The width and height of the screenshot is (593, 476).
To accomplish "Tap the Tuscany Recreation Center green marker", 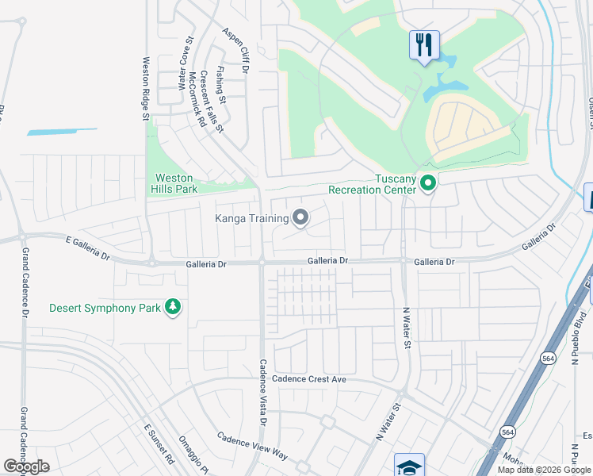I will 429,184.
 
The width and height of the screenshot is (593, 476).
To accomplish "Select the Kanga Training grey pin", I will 300,217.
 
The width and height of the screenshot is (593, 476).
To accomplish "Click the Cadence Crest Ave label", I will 310,379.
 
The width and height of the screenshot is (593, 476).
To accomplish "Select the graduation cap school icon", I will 410,466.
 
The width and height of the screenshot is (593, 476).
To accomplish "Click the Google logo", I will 26,466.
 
